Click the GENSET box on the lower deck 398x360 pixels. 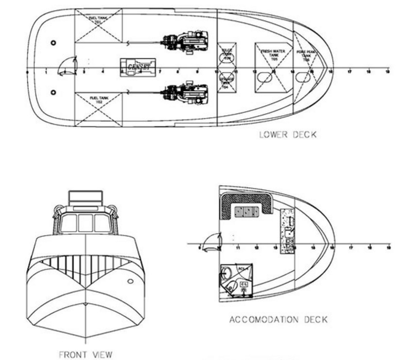[x=138, y=67]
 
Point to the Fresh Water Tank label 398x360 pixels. [x=273, y=53]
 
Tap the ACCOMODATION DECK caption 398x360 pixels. [x=278, y=320]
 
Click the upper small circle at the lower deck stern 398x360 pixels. [x=53, y=43]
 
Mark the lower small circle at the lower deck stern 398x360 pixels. [x=53, y=92]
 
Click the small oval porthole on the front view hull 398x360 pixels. [x=130, y=281]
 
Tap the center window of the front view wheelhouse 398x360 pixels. [x=86, y=223]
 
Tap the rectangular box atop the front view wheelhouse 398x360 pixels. [x=86, y=197]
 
